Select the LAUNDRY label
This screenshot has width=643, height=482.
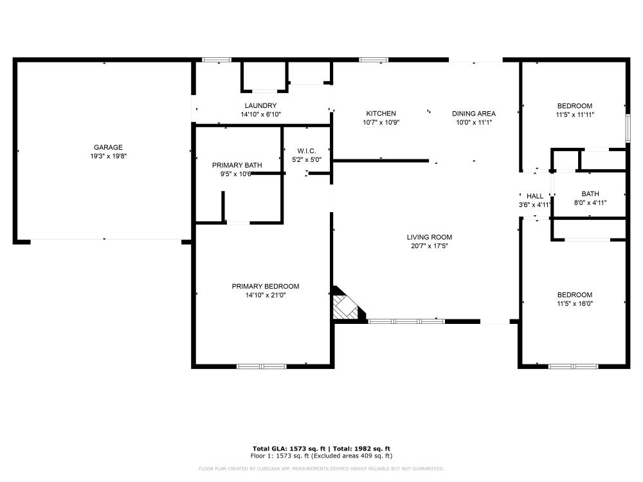click(260, 105)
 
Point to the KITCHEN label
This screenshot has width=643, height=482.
click(381, 113)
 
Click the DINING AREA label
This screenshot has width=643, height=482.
click(474, 113)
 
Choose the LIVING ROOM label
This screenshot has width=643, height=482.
click(430, 237)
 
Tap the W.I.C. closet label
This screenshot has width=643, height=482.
click(306, 151)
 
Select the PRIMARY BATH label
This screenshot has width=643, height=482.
click(237, 165)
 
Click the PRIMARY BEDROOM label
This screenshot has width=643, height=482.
click(266, 286)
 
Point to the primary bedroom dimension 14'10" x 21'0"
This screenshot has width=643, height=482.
click(266, 295)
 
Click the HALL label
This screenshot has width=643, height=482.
click(535, 196)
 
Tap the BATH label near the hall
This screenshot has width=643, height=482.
click(590, 193)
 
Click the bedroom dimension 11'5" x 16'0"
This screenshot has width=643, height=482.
click(574, 303)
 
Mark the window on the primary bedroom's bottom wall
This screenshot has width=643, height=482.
click(261, 366)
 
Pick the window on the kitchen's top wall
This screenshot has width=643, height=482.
click(374, 60)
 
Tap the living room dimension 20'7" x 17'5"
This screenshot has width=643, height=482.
click(430, 245)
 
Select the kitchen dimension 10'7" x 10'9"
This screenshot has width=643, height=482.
click(381, 122)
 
